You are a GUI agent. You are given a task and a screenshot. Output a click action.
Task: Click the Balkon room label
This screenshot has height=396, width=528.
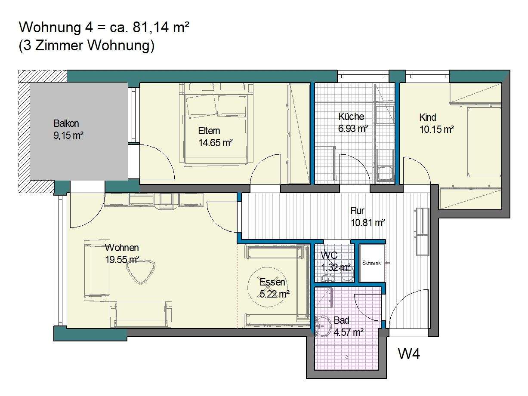point(66,123)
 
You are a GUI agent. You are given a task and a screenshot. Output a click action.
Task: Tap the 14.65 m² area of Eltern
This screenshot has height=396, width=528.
point(216,143)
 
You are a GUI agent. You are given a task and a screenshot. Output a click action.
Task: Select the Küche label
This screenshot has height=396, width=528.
point(351,117)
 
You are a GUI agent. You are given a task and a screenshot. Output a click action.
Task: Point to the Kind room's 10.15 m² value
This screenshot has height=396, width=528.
point(437,129)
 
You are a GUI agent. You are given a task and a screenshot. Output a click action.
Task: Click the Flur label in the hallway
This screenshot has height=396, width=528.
point(358,211)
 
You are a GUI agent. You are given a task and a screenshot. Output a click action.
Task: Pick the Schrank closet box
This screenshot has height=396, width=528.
point(372,263)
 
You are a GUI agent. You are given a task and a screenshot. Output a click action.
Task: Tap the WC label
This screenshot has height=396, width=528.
point(329,255)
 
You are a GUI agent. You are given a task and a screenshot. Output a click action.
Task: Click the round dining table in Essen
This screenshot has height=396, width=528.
point(268,287)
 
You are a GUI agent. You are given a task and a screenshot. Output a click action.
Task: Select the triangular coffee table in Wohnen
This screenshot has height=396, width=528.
point(141,272)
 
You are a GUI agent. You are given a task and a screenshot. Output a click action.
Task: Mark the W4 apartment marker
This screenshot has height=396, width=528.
point(409,354)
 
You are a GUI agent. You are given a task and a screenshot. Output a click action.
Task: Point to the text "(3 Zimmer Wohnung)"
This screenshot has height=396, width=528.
point(86,46)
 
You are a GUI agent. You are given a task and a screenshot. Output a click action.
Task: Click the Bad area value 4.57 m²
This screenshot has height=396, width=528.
point(349,332)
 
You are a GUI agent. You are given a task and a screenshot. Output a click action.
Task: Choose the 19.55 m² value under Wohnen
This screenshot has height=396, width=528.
point(122,260)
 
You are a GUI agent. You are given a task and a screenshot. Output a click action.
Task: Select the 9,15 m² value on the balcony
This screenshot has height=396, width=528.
point(68,136)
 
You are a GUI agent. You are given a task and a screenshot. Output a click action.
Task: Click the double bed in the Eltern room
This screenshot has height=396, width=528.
point(216,124)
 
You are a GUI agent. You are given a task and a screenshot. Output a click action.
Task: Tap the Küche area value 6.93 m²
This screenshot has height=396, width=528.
point(353,129)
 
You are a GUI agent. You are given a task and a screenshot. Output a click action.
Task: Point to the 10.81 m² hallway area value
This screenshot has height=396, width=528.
point(368,223)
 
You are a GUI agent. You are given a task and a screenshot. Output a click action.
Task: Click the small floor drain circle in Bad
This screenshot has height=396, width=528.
point(346,357)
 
